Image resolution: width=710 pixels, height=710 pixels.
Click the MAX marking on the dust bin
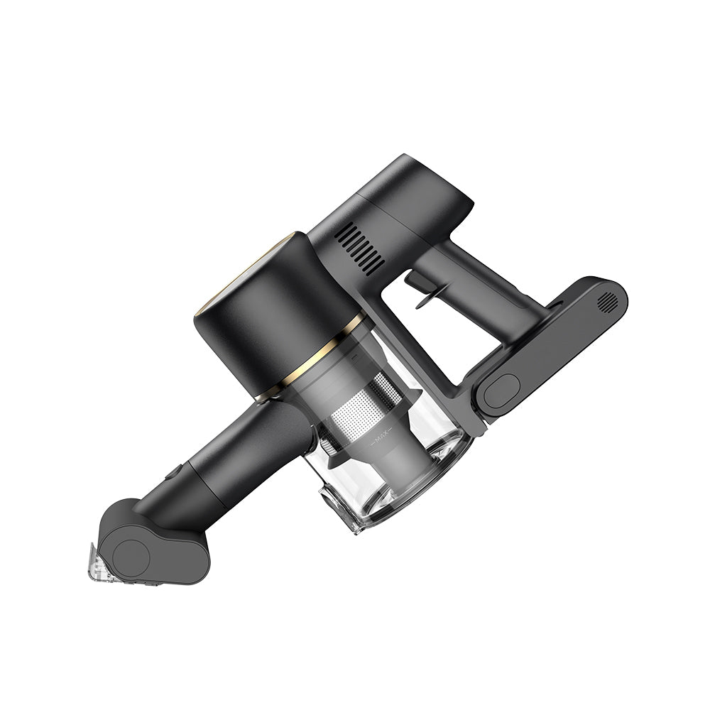click(x=381, y=441)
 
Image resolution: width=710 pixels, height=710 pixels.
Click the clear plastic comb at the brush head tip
click(x=98, y=563)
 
